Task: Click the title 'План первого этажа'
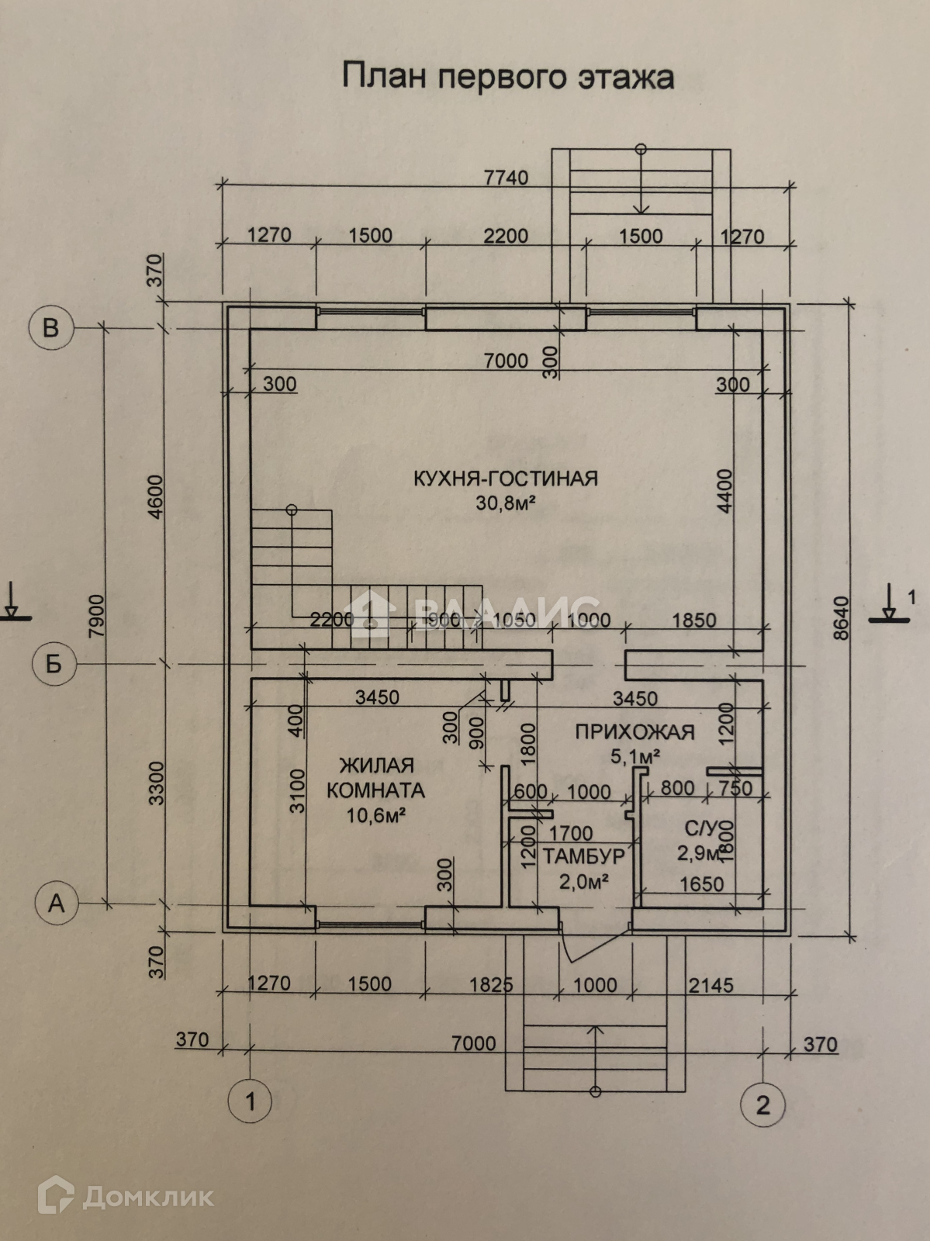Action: point(508,78)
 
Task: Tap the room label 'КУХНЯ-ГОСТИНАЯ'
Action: point(505,478)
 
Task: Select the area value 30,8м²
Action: point(507,503)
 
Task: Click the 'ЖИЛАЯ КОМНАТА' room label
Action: point(376,778)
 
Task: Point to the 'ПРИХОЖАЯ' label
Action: point(634,731)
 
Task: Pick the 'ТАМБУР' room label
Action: point(583,856)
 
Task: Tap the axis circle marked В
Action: point(51,327)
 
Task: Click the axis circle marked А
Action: point(57,904)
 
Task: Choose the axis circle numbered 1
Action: point(250,1101)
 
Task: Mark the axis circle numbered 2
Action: point(763,1104)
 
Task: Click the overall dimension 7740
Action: point(506,178)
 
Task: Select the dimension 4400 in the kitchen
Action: point(724,490)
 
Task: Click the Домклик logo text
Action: point(147,1197)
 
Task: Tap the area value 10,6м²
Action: point(378,815)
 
